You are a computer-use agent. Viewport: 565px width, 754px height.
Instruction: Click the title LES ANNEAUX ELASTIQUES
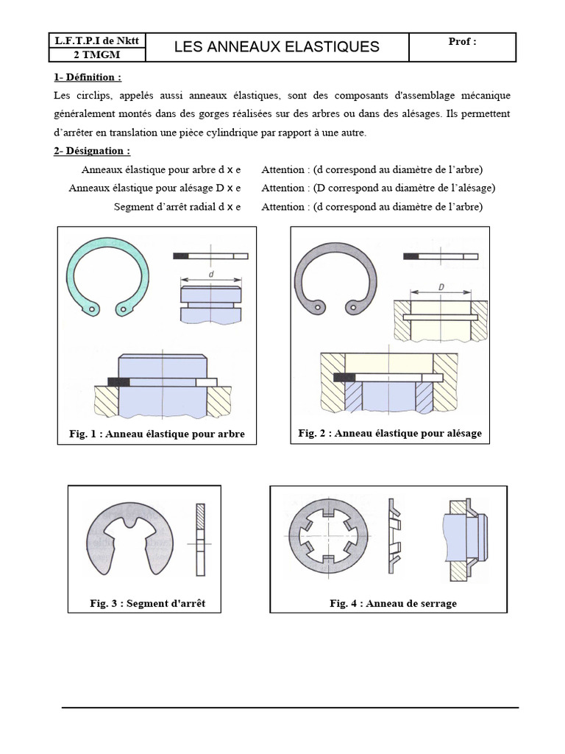[x=277, y=47]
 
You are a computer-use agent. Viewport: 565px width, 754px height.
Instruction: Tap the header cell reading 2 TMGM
[x=97, y=54]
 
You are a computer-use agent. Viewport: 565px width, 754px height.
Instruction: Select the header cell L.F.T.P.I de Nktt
[x=97, y=40]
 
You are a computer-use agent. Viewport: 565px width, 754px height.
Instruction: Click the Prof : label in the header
[x=462, y=41]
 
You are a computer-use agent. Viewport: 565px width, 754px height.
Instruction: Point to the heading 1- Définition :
[x=88, y=77]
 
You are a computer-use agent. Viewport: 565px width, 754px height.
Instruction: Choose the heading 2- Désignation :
[x=92, y=151]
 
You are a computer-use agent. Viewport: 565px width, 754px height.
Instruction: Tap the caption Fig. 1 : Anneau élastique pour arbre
[x=157, y=434]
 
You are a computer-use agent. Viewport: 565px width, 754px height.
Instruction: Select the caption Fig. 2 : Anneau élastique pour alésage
[x=390, y=433]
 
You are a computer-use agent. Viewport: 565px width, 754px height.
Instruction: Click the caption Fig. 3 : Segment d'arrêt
[x=147, y=603]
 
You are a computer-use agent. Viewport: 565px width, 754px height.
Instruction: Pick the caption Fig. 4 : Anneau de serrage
[x=393, y=603]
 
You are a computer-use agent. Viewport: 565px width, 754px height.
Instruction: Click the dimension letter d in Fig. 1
[x=211, y=273]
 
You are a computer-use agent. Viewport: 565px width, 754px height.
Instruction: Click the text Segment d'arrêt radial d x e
[x=177, y=207]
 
